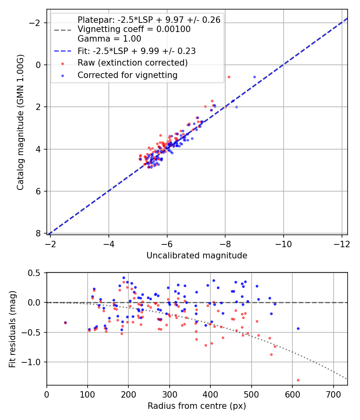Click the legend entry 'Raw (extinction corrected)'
(132, 63)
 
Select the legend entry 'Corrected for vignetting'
(128, 75)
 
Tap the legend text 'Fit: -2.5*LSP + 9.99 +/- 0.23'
(136, 51)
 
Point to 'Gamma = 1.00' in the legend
(109, 39)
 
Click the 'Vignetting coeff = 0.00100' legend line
(134, 29)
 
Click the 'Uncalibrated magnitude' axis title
(197, 255)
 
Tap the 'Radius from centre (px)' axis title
(197, 406)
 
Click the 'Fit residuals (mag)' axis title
(12, 328)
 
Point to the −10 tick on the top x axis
(284, 244)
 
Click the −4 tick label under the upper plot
(109, 244)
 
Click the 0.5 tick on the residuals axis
(37, 273)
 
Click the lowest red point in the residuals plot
(298, 380)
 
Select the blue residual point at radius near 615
(298, 328)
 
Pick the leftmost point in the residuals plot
(65, 322)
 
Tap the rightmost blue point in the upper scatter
(254, 77)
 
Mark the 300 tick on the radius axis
(170, 394)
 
